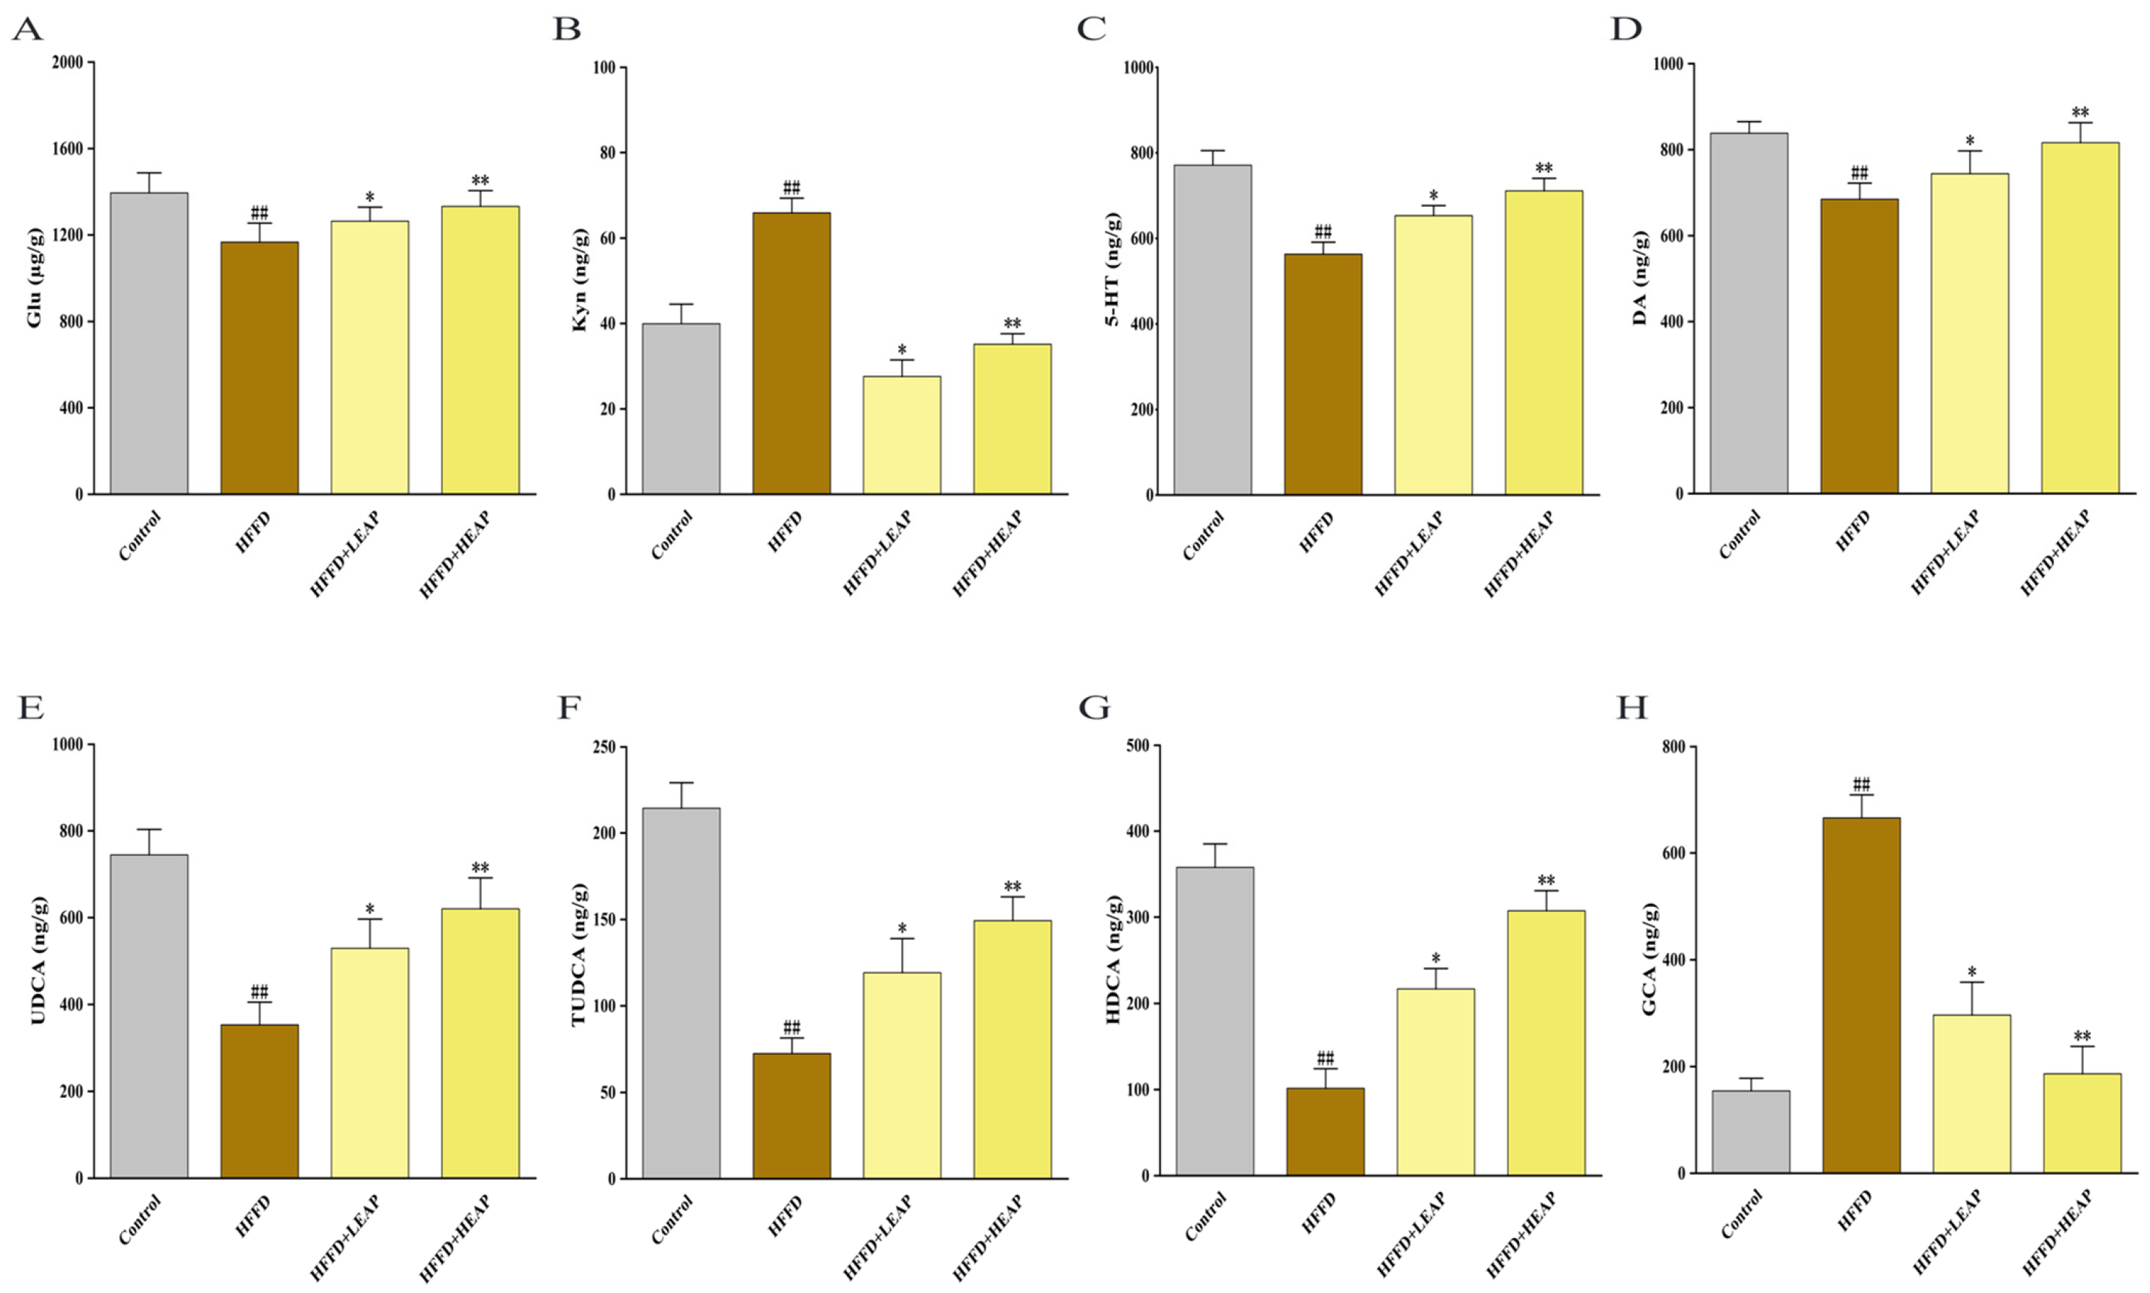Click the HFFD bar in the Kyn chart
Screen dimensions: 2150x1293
(791, 353)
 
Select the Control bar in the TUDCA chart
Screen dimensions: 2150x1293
(681, 993)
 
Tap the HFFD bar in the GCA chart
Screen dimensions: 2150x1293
(1860, 995)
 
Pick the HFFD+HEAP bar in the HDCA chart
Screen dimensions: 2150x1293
(1546, 1043)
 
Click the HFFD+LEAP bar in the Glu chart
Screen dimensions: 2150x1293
(369, 357)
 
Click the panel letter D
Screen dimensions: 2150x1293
(1626, 29)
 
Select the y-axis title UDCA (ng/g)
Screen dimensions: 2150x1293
(37, 960)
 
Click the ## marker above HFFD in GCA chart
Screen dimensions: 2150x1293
(1860, 784)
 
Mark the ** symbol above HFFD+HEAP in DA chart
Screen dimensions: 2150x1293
(2080, 112)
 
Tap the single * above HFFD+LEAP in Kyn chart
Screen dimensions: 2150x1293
(902, 349)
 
